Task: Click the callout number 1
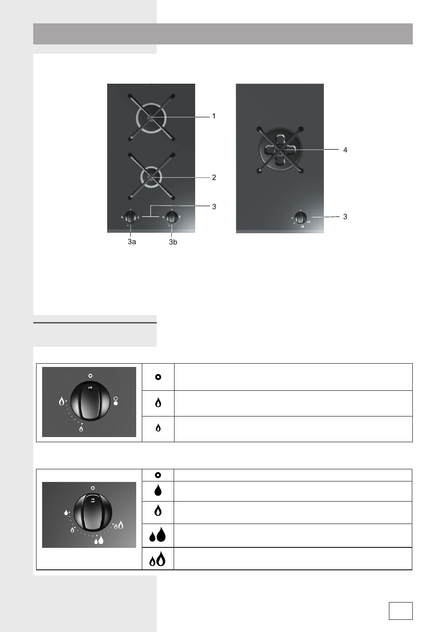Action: pos(214,116)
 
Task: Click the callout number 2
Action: pos(214,178)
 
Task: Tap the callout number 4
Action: pos(345,150)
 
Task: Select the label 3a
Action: pos(132,242)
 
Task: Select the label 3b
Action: pos(173,242)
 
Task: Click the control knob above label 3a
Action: pos(131,217)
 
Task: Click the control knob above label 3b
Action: pos(172,217)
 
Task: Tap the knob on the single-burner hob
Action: pos(300,218)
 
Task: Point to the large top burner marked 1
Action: pos(151,118)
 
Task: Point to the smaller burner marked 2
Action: pos(151,177)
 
